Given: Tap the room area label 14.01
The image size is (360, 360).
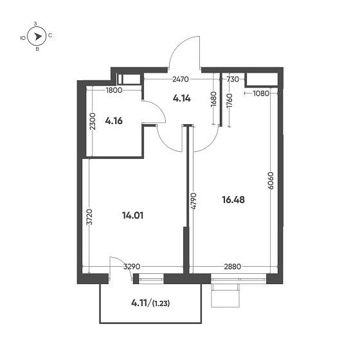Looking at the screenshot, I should pos(132,215).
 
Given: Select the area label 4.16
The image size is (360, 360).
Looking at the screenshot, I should pos(114,120).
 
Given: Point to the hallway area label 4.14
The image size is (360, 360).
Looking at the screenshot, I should pos(183,99).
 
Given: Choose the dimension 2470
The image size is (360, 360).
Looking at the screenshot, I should pos(180,80).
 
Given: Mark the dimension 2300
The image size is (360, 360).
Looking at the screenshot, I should pos(93,122).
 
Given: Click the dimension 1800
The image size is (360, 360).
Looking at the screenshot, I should pos(114,90).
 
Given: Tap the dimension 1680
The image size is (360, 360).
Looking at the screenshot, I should pos(213,101).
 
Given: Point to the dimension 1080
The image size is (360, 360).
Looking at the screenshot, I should pos(261,93).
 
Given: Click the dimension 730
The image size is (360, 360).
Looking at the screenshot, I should pos(233,80).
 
